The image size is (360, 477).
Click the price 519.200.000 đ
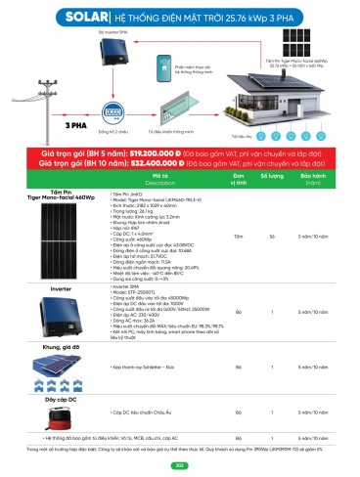point(159,153)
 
